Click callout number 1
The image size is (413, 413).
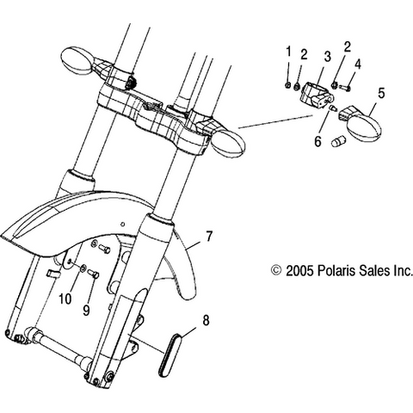[x=289, y=52]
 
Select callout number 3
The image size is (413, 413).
[x=328, y=58]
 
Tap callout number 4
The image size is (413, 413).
[x=357, y=65]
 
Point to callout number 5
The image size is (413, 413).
[x=381, y=94]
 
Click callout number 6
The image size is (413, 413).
[x=317, y=141]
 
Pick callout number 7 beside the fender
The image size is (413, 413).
[x=209, y=236]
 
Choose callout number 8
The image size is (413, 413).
[x=206, y=320]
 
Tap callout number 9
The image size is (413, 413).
[x=86, y=311]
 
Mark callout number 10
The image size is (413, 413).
[x=65, y=299]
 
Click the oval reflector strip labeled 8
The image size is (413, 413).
[x=169, y=354]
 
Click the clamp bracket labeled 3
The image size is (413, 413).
[x=317, y=93]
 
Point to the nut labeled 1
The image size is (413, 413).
[x=288, y=85]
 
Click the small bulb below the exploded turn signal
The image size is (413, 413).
[x=338, y=142]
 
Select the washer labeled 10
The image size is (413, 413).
[x=83, y=268]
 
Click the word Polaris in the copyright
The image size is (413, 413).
[x=336, y=271]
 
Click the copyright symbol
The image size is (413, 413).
[x=276, y=270]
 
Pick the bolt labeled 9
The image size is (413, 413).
[x=94, y=274]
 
